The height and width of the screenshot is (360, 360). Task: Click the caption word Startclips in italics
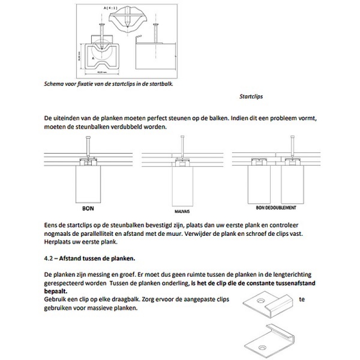coord(251,96)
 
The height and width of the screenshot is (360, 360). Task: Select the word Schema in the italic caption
coord(54,83)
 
